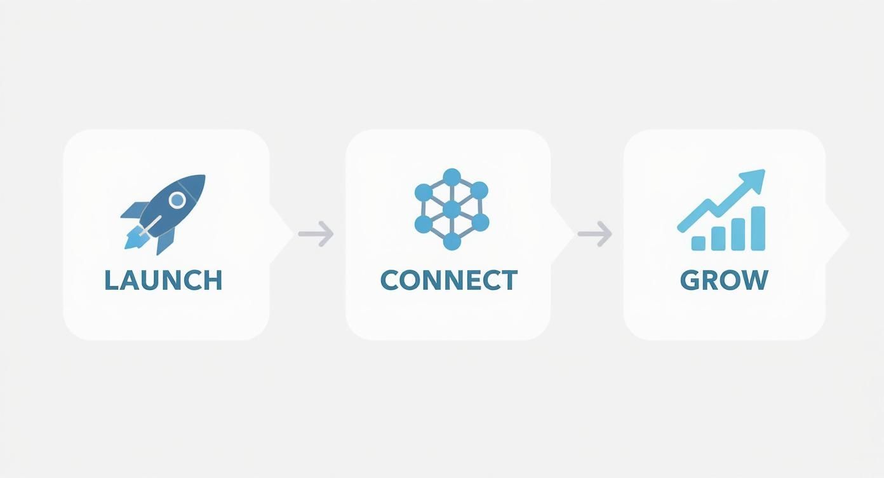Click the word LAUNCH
coord(163,280)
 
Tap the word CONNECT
coord(449,280)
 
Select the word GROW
coord(724,280)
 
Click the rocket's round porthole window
coord(177,200)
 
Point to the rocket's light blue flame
coord(136,238)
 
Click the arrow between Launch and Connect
coord(316,234)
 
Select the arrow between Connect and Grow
coord(594,234)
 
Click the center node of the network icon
coord(452,209)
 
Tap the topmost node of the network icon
coord(452,177)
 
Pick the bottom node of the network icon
coord(452,242)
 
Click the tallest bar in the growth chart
coord(758,228)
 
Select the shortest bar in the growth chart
coord(699,243)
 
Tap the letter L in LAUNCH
coord(111,280)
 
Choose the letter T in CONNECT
coord(509,280)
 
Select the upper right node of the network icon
coord(479,191)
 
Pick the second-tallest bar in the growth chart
coord(738,235)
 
